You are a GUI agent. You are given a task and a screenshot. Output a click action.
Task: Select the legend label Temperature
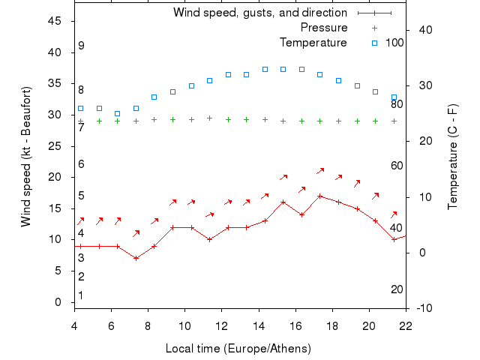[313, 42]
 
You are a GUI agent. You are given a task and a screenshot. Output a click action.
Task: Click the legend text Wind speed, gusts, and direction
[260, 13]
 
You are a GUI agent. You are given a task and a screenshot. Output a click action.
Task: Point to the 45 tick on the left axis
[55, 21]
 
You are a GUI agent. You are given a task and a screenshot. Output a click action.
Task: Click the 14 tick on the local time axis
[259, 325]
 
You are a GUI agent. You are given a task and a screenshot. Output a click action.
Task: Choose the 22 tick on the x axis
[406, 325]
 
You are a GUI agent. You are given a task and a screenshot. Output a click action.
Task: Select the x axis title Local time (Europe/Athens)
[238, 349]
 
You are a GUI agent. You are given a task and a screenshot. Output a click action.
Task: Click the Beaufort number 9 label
[81, 46]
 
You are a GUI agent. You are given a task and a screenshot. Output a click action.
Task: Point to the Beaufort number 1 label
[81, 295]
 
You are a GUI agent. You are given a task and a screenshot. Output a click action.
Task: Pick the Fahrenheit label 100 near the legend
[394, 42]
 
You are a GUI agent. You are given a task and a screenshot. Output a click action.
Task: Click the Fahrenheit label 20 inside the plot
[397, 289]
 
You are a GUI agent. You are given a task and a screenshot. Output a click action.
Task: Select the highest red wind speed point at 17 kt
[320, 196]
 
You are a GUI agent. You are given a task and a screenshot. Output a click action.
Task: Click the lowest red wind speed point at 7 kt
[136, 258]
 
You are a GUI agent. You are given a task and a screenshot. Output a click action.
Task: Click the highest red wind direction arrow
[321, 171]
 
